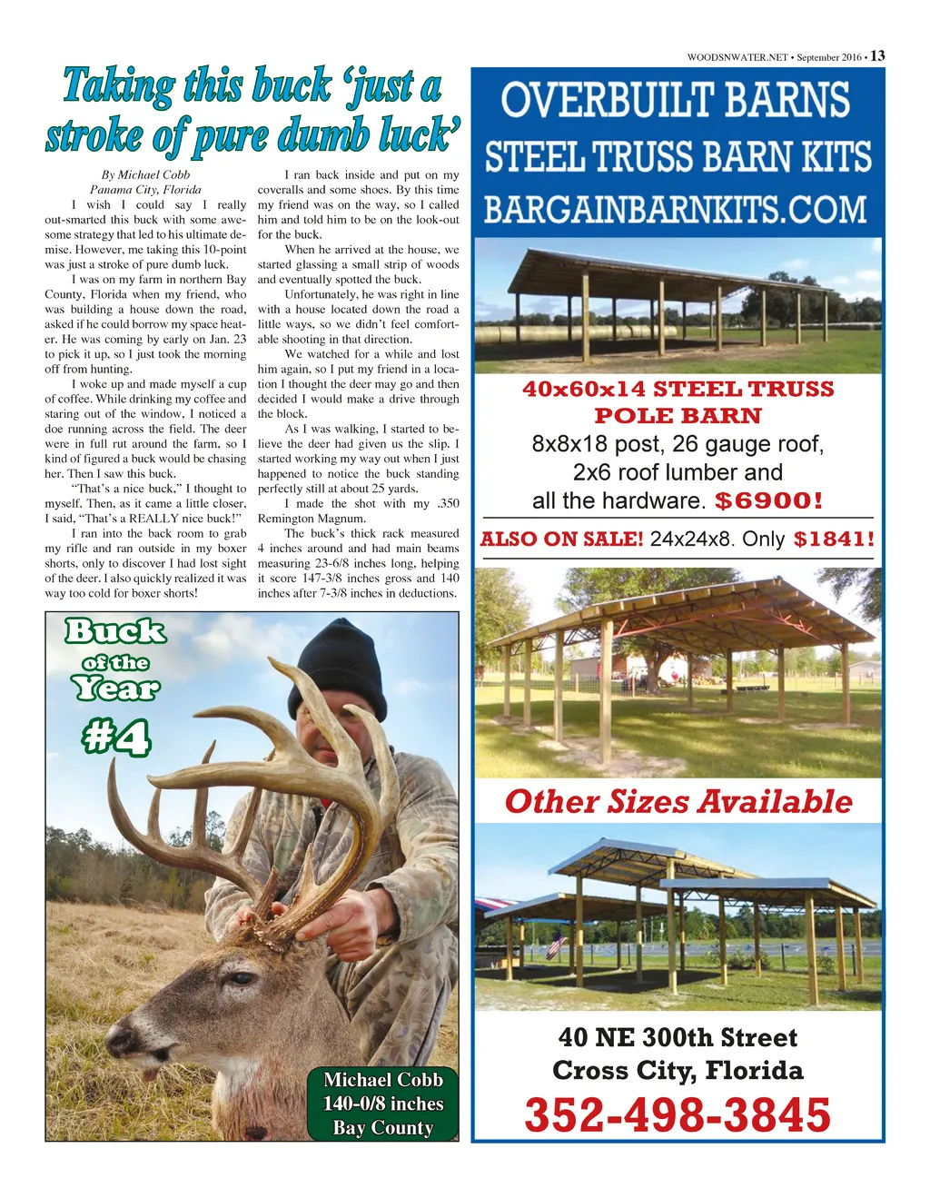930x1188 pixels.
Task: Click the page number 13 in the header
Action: [877, 55]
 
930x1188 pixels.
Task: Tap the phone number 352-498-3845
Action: [678, 1115]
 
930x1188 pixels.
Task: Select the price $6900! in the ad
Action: [769, 500]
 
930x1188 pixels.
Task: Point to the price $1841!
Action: [835, 539]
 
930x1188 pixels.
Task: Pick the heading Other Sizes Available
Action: [678, 801]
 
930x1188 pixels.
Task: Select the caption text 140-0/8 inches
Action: [383, 1104]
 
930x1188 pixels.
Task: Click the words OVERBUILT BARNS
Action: [677, 100]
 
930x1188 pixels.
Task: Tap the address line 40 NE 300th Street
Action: [678, 1037]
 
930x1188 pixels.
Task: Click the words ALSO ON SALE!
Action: [562, 539]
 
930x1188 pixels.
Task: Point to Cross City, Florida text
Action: [678, 1070]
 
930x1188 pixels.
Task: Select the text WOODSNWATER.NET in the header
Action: [737, 57]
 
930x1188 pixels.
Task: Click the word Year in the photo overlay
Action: [115, 688]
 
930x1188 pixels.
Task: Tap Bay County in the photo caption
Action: [383, 1127]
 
